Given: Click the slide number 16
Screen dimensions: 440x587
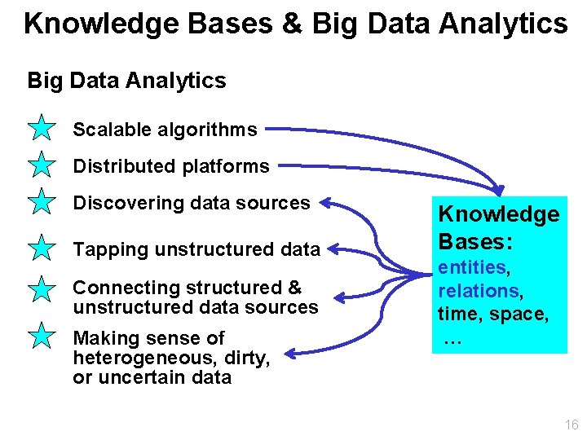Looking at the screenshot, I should tap(570, 425).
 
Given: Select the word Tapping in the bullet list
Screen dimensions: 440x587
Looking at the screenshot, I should tap(107, 249).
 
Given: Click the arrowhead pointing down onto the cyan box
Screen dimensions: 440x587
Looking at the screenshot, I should tap(499, 187).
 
